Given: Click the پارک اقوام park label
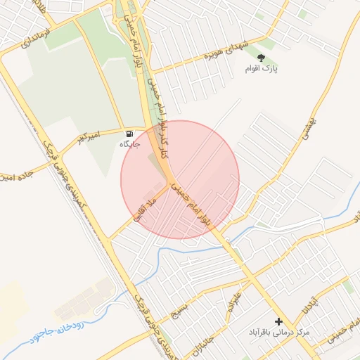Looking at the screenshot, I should [262, 69].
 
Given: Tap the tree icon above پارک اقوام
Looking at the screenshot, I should [262, 57].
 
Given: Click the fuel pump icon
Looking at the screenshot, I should [129, 134].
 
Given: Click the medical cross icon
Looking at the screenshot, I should [278, 321].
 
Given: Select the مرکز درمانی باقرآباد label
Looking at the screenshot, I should [278, 331].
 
